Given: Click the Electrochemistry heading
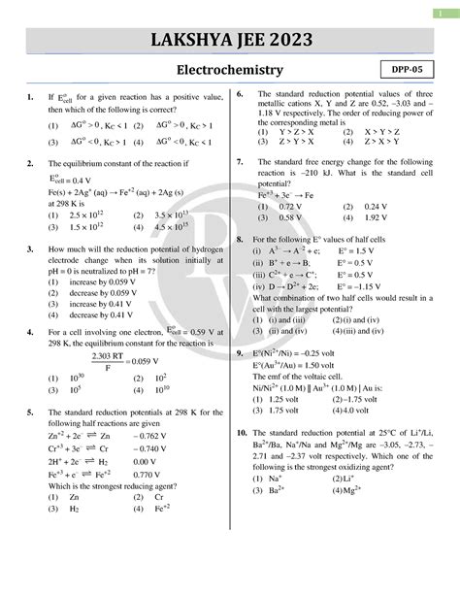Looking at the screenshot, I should click(x=230, y=71).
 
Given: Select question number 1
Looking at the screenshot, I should click(x=31, y=96).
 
